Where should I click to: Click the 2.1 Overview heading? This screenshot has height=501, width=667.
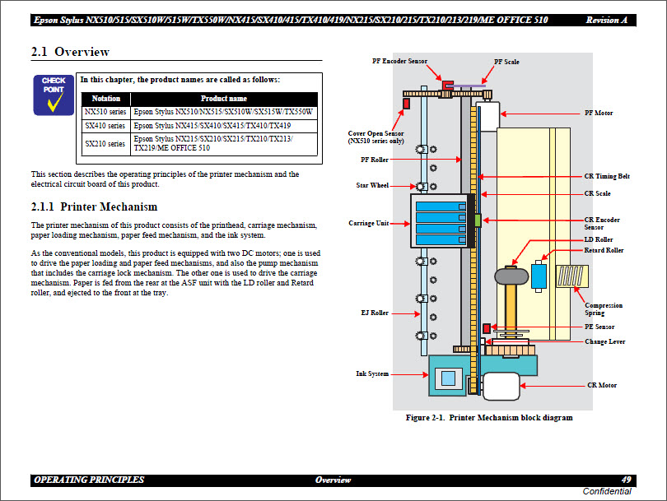(x=70, y=52)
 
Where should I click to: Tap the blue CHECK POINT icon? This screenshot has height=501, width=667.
(x=54, y=95)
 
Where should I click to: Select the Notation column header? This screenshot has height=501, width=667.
(x=105, y=98)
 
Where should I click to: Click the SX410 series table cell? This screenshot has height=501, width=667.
(x=105, y=126)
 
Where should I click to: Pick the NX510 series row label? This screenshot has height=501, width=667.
(x=105, y=112)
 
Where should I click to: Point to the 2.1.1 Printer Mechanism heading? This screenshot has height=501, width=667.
(x=94, y=206)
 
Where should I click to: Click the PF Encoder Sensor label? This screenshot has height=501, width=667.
(x=399, y=61)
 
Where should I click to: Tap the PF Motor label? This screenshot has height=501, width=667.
(x=599, y=113)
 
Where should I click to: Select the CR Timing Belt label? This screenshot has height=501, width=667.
(x=607, y=177)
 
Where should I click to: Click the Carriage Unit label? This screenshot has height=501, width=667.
(x=368, y=223)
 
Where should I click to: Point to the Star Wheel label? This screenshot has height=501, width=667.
(x=372, y=185)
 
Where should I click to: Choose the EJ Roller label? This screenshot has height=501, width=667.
(x=374, y=313)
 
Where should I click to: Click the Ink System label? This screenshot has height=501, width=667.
(x=372, y=373)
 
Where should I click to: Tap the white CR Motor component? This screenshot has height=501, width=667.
(x=500, y=386)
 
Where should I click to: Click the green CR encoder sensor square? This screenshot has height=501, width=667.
(x=477, y=220)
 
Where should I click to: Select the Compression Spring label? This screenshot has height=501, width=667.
(x=603, y=308)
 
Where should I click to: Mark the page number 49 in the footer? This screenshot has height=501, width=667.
(x=627, y=480)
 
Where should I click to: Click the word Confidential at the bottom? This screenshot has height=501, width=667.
(x=607, y=491)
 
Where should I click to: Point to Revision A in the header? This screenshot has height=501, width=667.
(x=608, y=20)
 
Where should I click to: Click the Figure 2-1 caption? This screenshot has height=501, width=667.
(x=489, y=418)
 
